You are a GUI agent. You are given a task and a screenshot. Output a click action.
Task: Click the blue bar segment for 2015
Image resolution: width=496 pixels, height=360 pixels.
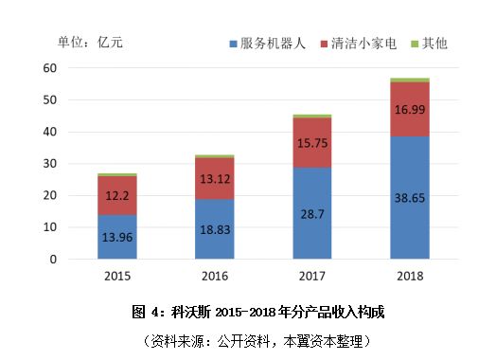(x=117, y=236)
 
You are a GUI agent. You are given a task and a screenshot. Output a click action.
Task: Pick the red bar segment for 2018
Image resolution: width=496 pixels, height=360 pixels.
(x=410, y=109)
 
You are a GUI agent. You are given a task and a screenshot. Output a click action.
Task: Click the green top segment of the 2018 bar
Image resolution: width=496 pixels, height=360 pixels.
(x=410, y=81)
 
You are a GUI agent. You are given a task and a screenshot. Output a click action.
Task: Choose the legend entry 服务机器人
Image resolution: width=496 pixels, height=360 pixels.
(x=269, y=44)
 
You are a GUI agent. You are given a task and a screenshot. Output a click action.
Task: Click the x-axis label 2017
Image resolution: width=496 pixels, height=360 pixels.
(x=311, y=277)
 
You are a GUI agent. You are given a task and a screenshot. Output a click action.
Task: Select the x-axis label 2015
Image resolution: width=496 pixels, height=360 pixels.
(x=117, y=277)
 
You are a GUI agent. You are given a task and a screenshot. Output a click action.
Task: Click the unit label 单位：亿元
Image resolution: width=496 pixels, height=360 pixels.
(x=90, y=42)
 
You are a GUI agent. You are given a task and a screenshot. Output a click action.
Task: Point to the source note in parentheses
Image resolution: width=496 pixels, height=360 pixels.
(x=256, y=339)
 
